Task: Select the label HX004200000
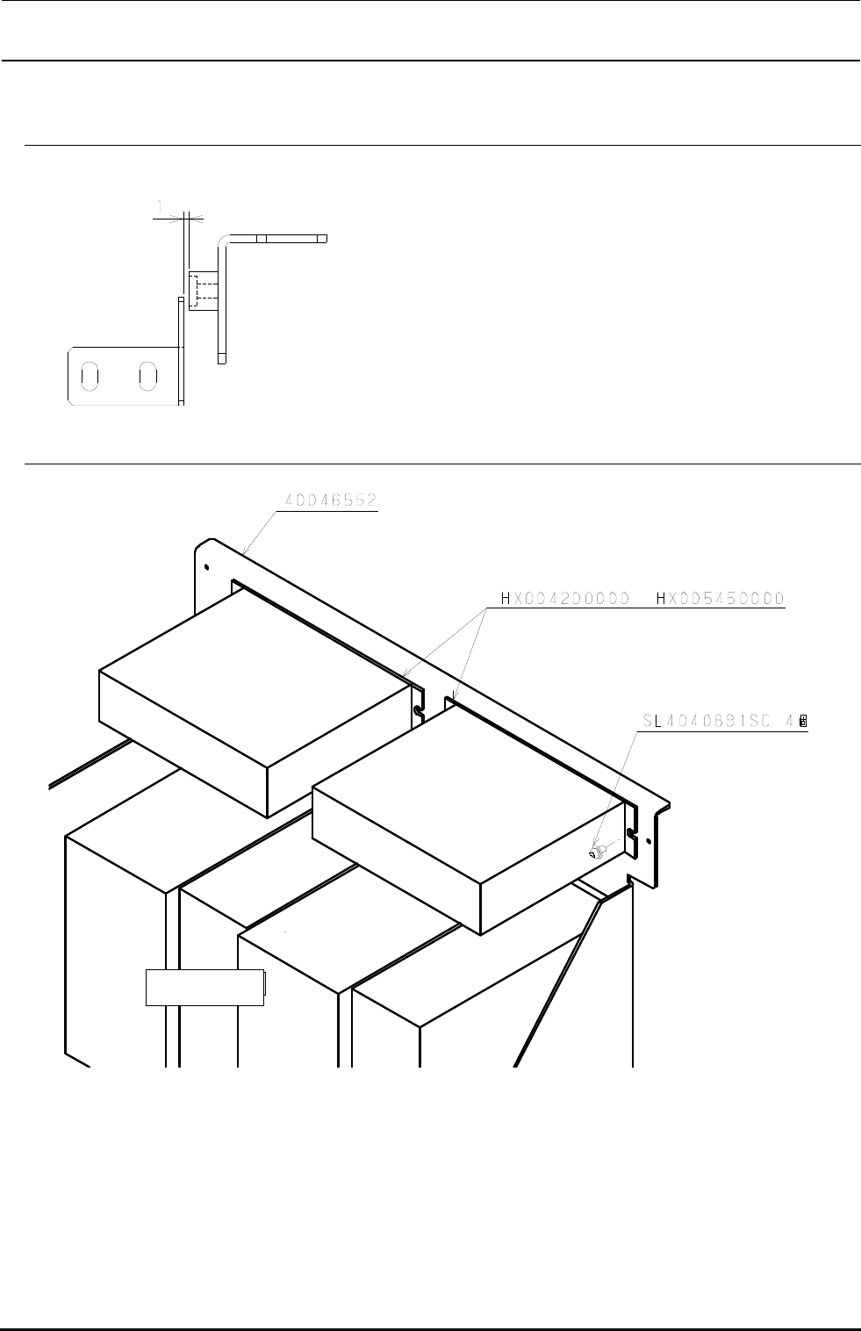(x=565, y=599)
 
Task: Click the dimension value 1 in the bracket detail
(x=159, y=206)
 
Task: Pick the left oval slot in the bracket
(x=90, y=375)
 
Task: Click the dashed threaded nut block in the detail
(x=202, y=291)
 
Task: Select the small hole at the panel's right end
(x=648, y=841)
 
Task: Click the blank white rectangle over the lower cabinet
(x=204, y=988)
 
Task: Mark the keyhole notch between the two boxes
(x=419, y=701)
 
